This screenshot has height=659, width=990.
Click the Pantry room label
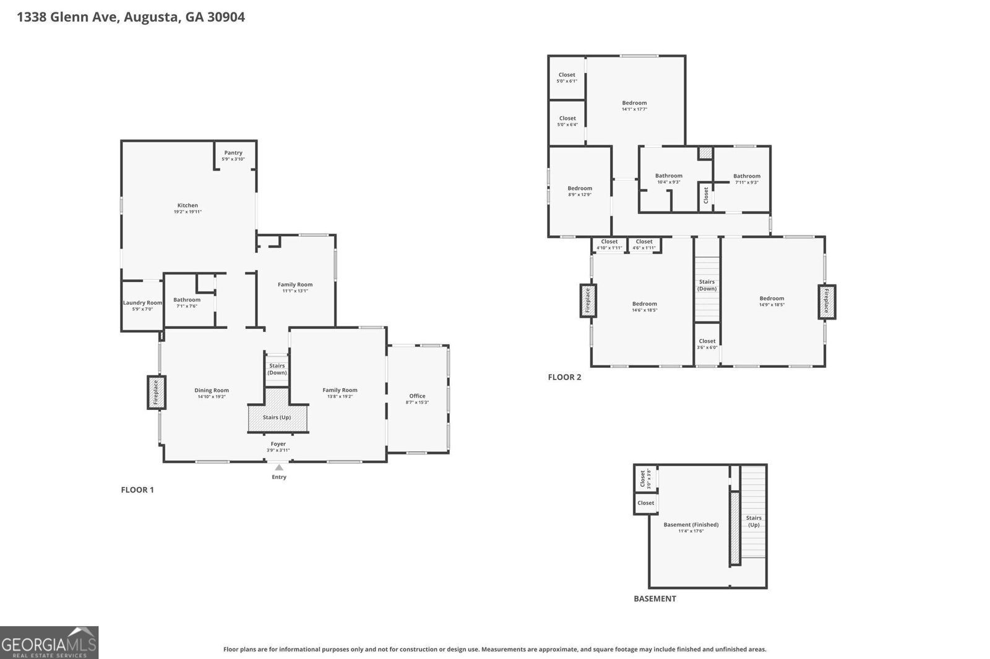pos(233,153)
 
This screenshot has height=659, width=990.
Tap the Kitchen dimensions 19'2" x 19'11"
pos(188,211)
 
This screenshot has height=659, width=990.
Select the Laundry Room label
pos(142,303)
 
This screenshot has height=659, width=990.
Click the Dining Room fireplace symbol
pos(156,392)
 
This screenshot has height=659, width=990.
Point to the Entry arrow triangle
pos(279,467)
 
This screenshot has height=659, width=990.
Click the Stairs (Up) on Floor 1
pos(277,417)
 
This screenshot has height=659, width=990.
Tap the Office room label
pos(417,396)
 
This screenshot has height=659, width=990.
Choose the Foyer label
pos(278,444)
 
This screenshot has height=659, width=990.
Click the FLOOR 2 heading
pos(564,377)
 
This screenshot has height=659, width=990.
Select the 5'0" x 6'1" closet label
pos(567,78)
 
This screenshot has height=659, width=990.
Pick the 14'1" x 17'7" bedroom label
pos(635,106)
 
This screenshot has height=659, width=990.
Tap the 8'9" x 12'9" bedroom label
pos(580,191)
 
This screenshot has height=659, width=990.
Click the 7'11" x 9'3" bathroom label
pos(747,179)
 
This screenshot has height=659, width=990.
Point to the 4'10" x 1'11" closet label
pos(609,245)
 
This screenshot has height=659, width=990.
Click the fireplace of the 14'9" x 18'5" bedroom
pos(827,302)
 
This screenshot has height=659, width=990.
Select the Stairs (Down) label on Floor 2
pos(707,285)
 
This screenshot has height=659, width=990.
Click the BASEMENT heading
pos(655,599)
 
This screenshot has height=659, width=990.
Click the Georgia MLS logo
pos(49,643)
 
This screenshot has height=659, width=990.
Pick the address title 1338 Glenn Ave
pos(68,17)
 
